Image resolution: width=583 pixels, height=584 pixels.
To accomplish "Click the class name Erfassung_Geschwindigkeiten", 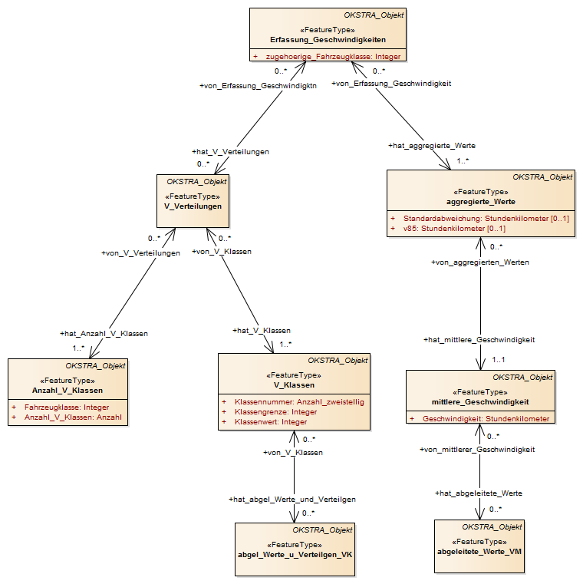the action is [x=328, y=40].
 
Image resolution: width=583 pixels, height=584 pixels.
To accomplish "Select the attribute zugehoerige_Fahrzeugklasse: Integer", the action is [x=333, y=57].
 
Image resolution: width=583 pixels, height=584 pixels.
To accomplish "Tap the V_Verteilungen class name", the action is [x=193, y=206].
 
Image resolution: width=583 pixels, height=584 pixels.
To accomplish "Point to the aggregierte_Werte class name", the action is [x=481, y=202].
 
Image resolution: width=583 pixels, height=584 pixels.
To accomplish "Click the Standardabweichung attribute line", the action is [x=486, y=219].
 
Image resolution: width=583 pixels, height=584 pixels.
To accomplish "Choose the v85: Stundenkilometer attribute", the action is [x=454, y=229].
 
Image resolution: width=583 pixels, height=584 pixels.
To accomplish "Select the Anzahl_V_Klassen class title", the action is [x=68, y=391].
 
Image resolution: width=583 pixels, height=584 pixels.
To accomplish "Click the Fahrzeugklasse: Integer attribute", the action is [x=67, y=407].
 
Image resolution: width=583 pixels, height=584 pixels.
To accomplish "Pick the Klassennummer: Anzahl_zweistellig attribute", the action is [x=299, y=402].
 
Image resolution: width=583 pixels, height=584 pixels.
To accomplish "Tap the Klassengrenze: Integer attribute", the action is [x=276, y=412].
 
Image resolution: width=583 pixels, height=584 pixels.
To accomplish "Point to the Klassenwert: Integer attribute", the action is [x=271, y=422].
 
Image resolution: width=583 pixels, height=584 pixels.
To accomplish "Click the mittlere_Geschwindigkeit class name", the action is [x=480, y=402].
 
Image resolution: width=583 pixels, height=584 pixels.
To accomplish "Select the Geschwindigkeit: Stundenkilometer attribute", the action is [x=486, y=419].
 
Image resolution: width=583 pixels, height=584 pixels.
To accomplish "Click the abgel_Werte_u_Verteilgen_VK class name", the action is [x=295, y=555].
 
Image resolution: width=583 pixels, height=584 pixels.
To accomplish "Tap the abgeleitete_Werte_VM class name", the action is [x=479, y=552].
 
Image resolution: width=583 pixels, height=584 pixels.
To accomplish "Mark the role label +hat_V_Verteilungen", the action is [x=230, y=152].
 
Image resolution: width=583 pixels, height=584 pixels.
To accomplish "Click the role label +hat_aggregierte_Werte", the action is [x=432, y=146].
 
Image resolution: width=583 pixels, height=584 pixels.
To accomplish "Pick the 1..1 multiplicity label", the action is [x=499, y=360].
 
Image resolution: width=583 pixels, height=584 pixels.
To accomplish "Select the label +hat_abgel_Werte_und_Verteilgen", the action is [x=292, y=500].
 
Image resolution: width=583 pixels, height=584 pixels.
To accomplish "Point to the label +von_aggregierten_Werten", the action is [x=480, y=262].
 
